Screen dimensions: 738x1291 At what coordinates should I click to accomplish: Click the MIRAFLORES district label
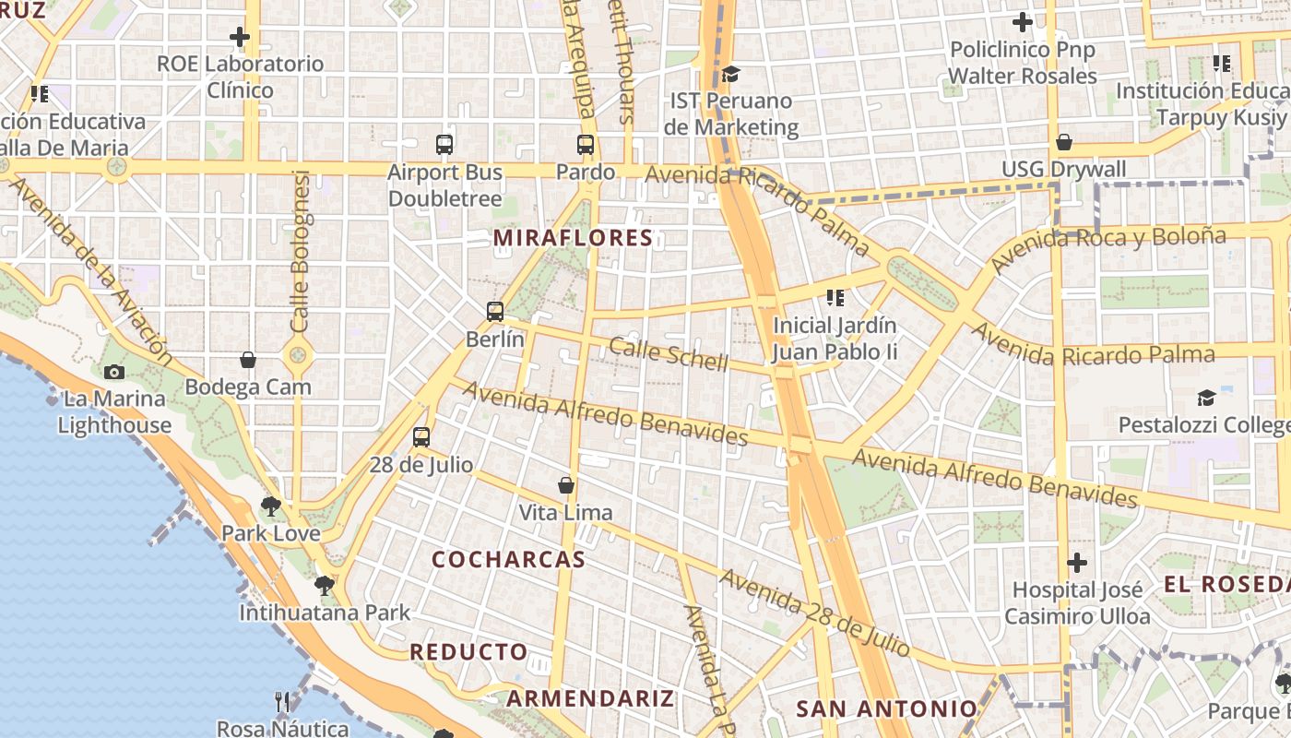(x=573, y=238)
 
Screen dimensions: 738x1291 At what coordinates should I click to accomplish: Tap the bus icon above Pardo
(x=586, y=145)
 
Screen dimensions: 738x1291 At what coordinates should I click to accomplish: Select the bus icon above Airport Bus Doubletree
(x=444, y=145)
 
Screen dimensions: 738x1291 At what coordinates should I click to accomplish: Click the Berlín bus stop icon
(x=495, y=312)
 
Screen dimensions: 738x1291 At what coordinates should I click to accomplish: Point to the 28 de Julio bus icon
(x=421, y=437)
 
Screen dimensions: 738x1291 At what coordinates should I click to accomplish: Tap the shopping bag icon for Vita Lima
(x=566, y=485)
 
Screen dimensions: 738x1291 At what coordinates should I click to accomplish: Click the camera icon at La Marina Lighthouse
(x=114, y=372)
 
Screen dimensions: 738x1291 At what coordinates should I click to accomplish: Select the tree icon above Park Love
(x=270, y=506)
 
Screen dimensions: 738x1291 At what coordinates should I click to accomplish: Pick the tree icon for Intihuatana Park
(x=324, y=585)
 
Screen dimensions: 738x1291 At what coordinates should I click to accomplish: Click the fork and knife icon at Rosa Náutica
(x=283, y=702)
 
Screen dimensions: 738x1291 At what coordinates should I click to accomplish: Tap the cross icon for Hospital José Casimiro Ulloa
(x=1077, y=562)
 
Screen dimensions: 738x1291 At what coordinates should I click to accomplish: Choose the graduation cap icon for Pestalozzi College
(x=1206, y=398)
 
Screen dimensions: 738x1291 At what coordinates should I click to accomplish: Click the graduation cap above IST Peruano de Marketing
(x=730, y=74)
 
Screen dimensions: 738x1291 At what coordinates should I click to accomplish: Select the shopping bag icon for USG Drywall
(x=1064, y=142)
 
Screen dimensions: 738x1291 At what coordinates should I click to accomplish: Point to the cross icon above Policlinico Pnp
(x=1023, y=21)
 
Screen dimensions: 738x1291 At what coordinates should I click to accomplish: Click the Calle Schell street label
(x=669, y=354)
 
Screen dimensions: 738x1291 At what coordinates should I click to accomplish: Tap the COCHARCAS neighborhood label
(x=508, y=559)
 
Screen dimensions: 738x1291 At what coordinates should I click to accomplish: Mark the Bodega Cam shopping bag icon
(x=247, y=360)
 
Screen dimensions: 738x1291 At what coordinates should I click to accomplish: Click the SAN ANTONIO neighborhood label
(x=886, y=708)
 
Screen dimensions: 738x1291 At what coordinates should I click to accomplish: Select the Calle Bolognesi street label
(x=300, y=251)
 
